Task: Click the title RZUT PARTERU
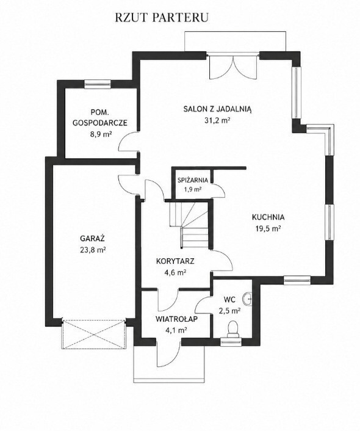coord(162,17)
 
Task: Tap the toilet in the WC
coord(233,329)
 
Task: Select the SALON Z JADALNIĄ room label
coord(217,109)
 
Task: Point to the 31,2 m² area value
coord(217,120)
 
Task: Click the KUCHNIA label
coord(268,217)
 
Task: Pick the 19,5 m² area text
coord(268,229)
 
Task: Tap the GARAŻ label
coord(92,238)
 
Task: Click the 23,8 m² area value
coord(93,250)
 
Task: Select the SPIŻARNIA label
coord(193,180)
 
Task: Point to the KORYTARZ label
coord(175,261)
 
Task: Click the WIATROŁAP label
coord(176,319)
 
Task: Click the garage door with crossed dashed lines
coord(94,335)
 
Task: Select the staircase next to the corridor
coord(189,224)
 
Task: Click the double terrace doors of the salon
coord(233,67)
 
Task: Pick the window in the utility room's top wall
coord(97,84)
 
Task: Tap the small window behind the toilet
coord(231,342)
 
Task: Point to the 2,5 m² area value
coord(230,311)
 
